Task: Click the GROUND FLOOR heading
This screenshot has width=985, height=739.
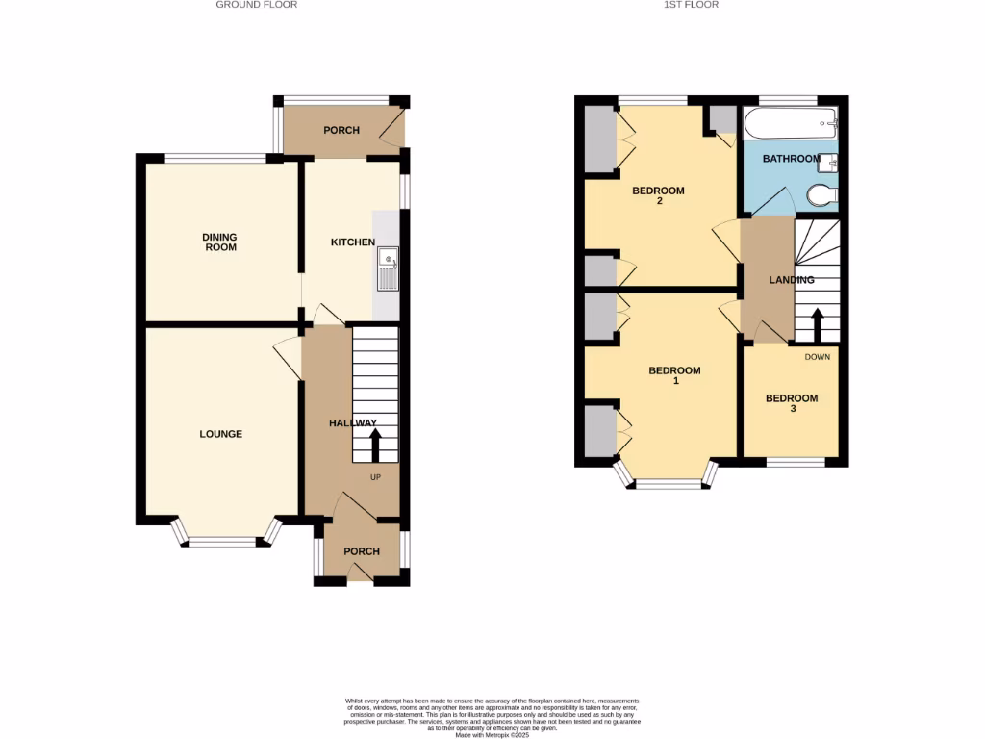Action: pos(256,5)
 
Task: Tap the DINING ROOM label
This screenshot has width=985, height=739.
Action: pos(219,242)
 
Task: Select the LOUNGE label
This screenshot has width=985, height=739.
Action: pos(220,434)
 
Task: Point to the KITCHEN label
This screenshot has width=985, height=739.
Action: pos(352,242)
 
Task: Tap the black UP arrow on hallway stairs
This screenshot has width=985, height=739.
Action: pos(375,446)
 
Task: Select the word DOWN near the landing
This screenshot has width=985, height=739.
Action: pos(817,357)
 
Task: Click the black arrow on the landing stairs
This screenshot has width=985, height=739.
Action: pos(817,324)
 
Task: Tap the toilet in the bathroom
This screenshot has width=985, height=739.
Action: pos(821,196)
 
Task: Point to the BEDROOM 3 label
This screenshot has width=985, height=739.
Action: pos(792,403)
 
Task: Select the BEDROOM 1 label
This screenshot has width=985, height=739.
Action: pos(674,375)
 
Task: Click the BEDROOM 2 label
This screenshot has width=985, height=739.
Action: pos(658,195)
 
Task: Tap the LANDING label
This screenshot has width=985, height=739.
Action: pos(792,280)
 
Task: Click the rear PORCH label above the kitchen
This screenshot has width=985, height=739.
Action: pos(341,130)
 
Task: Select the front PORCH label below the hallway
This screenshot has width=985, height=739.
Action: pos(361,551)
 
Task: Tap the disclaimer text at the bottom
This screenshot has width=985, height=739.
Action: pos(492,717)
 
